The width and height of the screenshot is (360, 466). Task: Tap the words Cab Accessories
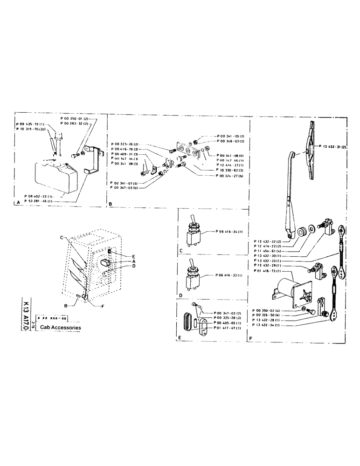[x=61, y=328]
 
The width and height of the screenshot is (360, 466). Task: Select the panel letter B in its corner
[x=111, y=204]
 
